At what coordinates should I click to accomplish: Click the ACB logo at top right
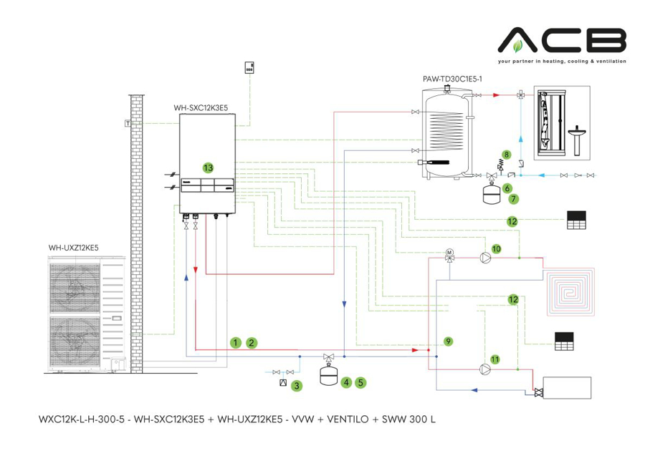pos(562,42)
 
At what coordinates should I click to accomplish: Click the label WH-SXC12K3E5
pos(201,107)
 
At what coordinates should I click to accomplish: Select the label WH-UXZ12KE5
pos(74,248)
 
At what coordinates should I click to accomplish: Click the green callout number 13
pos(208,168)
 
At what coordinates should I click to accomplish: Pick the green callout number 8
pos(507,154)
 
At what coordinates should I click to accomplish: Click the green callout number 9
pos(448,341)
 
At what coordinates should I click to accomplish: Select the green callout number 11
pos(494,358)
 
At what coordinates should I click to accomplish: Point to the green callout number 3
pos(296,385)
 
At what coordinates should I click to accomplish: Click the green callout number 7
pos(514,198)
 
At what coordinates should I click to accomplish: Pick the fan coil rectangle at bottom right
pos(567,387)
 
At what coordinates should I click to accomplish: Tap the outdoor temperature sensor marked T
pos(127,123)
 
